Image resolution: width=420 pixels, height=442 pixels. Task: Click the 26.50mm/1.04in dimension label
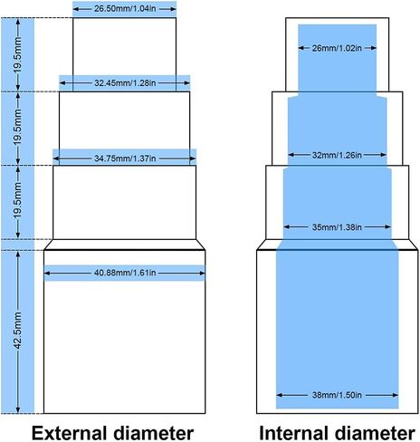pos(125,9)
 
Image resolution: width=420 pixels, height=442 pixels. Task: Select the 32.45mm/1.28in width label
pos(125,83)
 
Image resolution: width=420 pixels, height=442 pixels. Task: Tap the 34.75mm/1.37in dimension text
pos(125,159)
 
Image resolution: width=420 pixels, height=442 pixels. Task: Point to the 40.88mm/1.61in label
pos(125,273)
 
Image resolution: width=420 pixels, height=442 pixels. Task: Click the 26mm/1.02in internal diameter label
pos(337,48)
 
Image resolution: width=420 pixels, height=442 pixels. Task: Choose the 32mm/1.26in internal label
pos(337,155)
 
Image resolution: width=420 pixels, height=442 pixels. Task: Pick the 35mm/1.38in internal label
pos(337,227)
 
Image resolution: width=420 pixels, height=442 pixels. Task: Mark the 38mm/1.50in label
pos(337,395)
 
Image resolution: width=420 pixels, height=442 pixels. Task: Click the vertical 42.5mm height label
pos(18,331)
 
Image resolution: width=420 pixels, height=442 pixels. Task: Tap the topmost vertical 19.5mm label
pos(18,55)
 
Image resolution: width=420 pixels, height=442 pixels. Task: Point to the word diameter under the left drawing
pos(154,433)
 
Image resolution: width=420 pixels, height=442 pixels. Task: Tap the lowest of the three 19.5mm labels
pos(18,201)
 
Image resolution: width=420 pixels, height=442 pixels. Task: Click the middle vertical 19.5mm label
pos(18,128)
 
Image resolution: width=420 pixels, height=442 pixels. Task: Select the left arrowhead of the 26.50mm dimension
pos(76,9)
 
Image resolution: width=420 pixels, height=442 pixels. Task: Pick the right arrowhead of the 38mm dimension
pos(395,395)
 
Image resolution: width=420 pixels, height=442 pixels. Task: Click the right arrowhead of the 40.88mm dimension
pos(202,274)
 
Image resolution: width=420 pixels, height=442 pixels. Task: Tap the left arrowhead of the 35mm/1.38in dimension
pos(287,227)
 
